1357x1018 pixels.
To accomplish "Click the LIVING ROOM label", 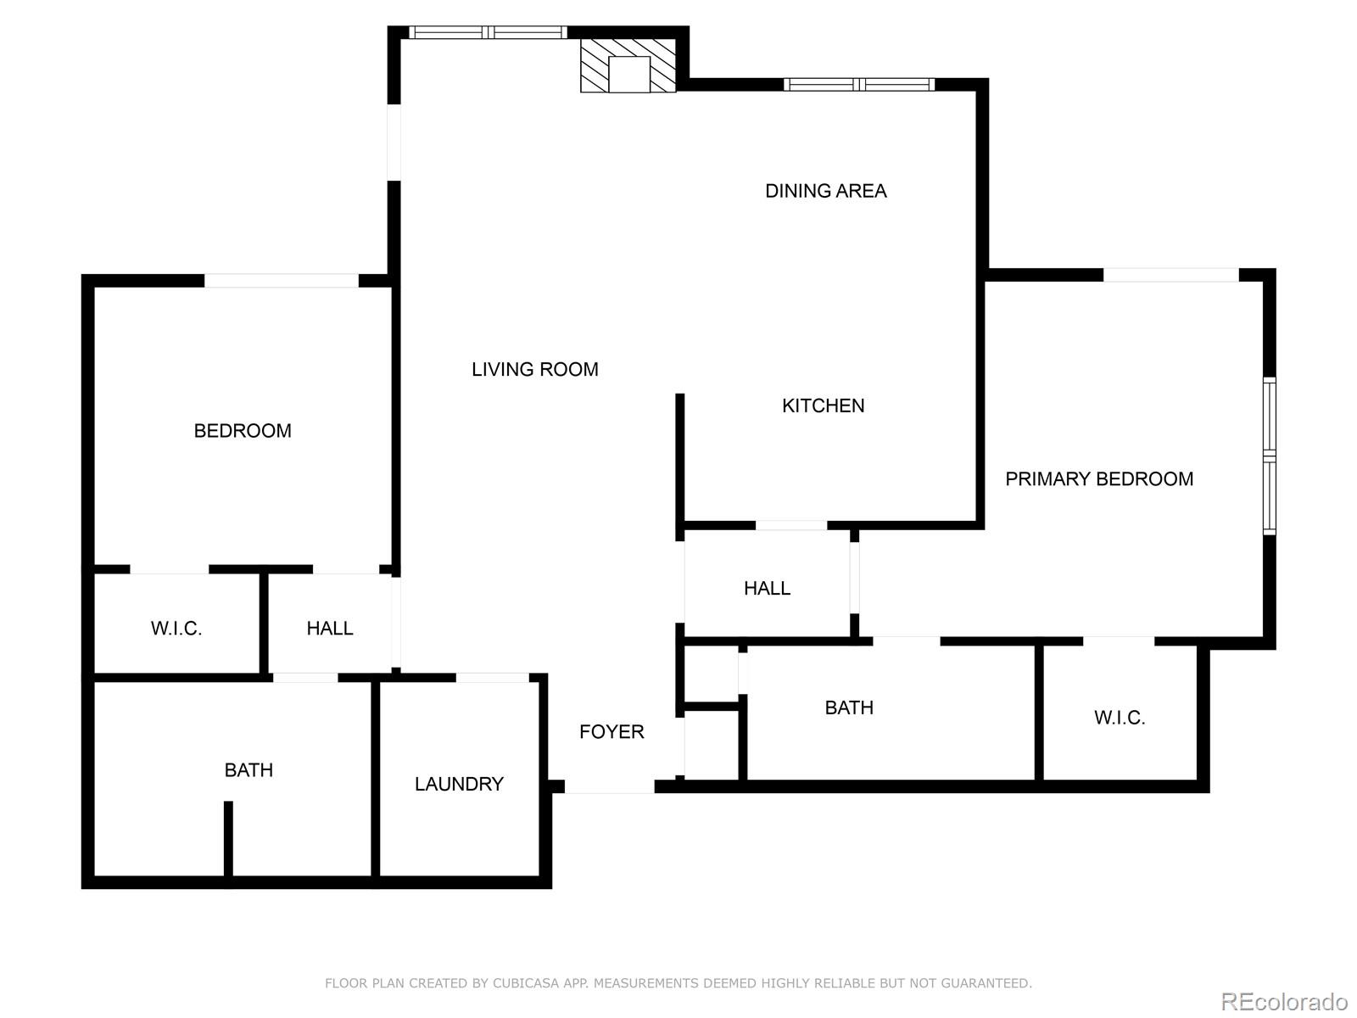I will click(534, 369).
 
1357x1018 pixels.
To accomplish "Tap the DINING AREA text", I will click(825, 191).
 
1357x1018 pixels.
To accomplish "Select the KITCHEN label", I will click(823, 406).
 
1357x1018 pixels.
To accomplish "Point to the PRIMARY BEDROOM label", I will click(1098, 479).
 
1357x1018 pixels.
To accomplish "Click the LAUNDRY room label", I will click(459, 784).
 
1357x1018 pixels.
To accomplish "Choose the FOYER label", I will click(611, 731).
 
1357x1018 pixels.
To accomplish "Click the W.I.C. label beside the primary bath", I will click(1120, 718).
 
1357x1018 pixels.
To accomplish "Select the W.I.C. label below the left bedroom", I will click(176, 629).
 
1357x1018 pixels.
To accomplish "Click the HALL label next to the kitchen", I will click(767, 588).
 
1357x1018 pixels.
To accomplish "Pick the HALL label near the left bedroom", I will click(329, 629).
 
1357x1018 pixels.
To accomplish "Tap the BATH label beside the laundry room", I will click(249, 770).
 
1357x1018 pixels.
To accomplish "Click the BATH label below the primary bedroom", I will click(849, 708).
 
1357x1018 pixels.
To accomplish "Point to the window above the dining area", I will click(859, 84).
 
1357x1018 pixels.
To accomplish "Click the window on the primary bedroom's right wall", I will click(1269, 456).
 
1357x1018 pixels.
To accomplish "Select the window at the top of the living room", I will click(488, 32).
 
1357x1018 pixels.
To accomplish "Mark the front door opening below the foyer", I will click(609, 788).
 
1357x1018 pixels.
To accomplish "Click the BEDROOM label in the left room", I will click(243, 431).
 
